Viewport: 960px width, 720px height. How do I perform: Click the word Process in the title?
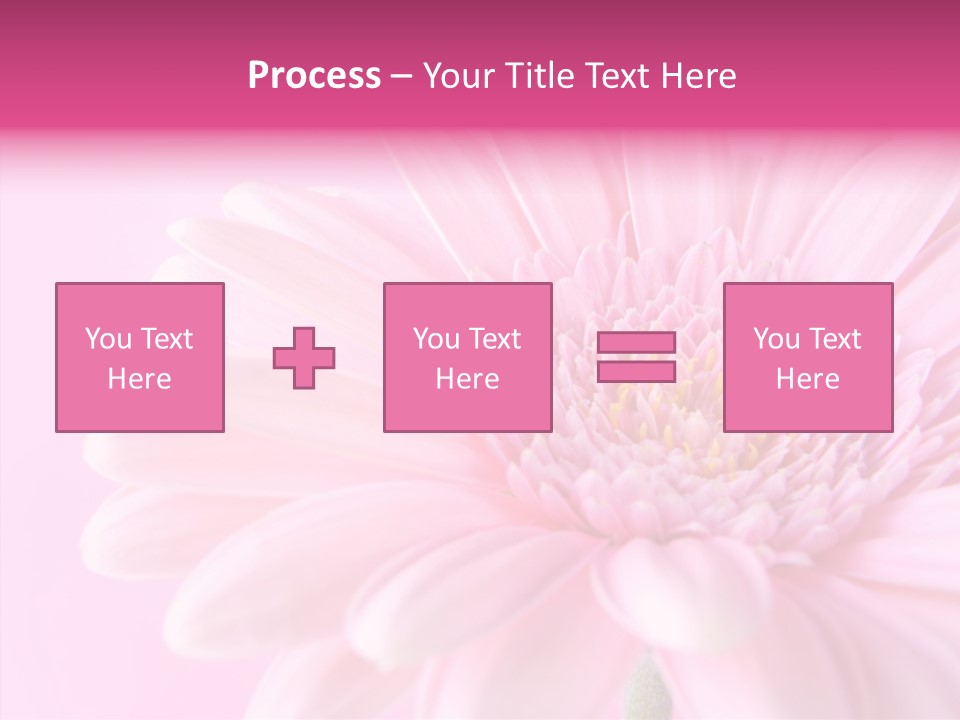(x=314, y=76)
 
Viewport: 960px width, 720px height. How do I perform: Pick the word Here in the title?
(x=699, y=76)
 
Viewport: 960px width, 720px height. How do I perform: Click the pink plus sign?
(x=304, y=358)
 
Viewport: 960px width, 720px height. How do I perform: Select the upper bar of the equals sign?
(x=636, y=343)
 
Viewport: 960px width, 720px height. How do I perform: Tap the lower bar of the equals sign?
(x=636, y=371)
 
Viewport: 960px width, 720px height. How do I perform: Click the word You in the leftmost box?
(x=107, y=339)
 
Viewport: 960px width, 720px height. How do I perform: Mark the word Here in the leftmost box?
(x=139, y=379)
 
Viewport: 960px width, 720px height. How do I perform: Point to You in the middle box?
(x=436, y=339)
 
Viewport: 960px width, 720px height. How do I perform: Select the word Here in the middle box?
(x=467, y=379)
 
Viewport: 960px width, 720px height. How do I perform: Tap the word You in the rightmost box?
(x=776, y=339)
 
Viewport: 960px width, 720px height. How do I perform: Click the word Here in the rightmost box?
(x=807, y=379)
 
